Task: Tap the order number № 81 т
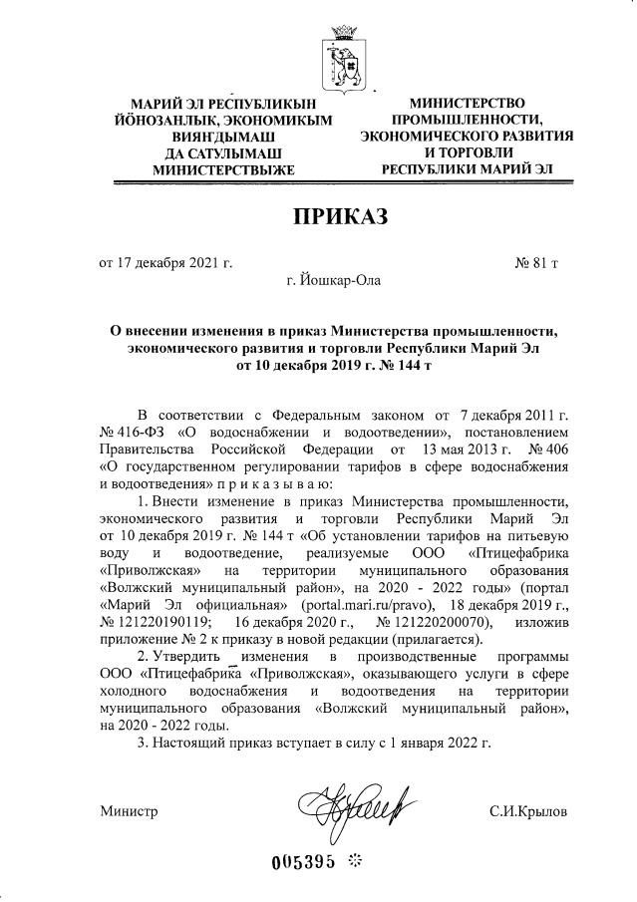pyautogui.click(x=535, y=263)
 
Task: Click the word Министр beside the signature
pyautogui.click(x=129, y=811)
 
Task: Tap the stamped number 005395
pyautogui.click(x=305, y=862)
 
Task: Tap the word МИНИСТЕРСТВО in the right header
pyautogui.click(x=468, y=103)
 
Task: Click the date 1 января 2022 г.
pyautogui.click(x=436, y=742)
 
